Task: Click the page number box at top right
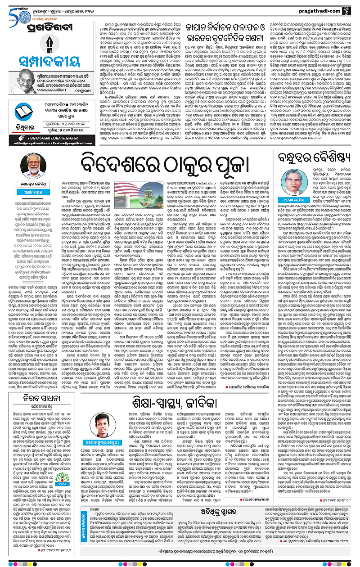[x=352, y=8]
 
